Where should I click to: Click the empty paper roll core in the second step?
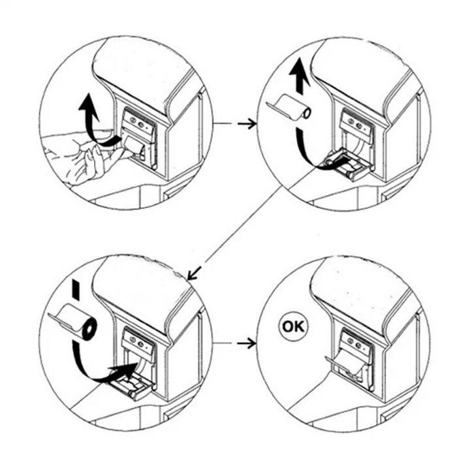point(292,107)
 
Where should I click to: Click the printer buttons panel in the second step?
point(356,122)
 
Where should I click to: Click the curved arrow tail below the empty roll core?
point(304,147)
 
